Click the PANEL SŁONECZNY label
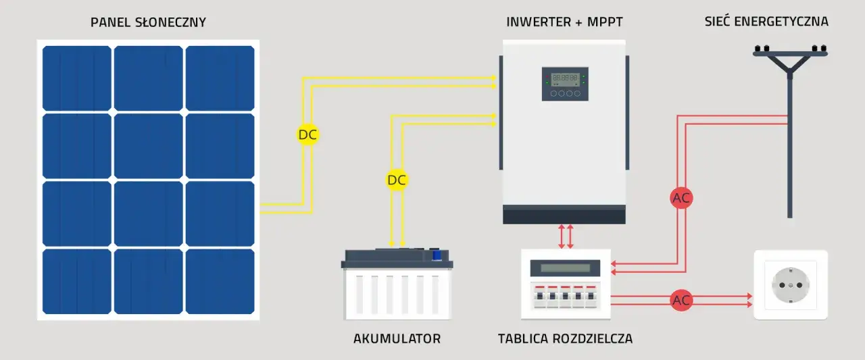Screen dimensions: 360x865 click(x=148, y=22)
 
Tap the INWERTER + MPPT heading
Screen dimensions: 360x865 click(x=564, y=22)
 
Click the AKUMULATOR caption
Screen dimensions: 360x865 click(x=397, y=338)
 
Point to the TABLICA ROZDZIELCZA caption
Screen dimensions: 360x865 click(x=565, y=338)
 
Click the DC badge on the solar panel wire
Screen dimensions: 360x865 click(x=307, y=134)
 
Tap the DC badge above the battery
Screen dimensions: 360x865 click(x=397, y=180)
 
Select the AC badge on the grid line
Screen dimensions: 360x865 click(x=681, y=199)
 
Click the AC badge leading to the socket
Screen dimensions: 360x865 click(x=681, y=301)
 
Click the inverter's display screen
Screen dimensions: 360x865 click(x=564, y=78)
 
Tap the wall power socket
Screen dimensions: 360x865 click(x=790, y=285)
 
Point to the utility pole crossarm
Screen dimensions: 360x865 click(x=790, y=53)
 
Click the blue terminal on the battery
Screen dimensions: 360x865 click(x=437, y=255)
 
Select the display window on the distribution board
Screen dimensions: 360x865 click(x=565, y=268)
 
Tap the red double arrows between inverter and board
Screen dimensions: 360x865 click(x=566, y=236)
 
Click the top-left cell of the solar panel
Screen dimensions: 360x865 click(x=76, y=78)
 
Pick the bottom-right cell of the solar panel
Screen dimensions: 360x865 click(x=220, y=281)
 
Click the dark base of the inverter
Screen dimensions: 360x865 click(x=564, y=216)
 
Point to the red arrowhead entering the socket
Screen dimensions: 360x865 click(x=749, y=296)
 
